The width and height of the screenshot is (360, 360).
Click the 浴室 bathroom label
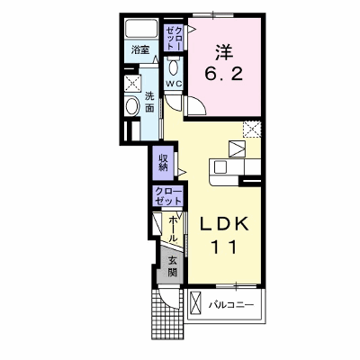tap(140, 49)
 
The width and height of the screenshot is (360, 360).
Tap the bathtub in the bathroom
tap(141, 29)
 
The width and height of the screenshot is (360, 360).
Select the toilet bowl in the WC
tap(174, 67)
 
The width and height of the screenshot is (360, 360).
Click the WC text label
tap(174, 85)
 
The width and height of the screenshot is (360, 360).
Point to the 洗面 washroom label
tap(149, 102)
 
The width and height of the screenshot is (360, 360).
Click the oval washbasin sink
tap(132, 106)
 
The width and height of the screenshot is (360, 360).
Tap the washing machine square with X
tap(133, 83)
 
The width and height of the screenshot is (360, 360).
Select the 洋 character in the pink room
tap(224, 52)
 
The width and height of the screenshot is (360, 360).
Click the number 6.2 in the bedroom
tap(224, 73)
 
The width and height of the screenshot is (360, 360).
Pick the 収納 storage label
tap(163, 162)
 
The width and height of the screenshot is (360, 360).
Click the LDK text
tap(223, 223)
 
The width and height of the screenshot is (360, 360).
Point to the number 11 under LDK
tap(224, 247)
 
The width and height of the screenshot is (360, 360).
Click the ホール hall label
tap(174, 229)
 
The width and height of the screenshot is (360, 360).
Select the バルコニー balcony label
tap(231, 305)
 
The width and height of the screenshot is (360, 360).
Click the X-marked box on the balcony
tap(196, 305)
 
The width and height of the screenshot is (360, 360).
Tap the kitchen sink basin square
tap(220, 166)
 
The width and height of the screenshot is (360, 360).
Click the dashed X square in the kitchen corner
tap(252, 129)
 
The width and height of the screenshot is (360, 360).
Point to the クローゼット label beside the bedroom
tap(174, 38)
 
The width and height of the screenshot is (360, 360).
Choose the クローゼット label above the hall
tap(168, 196)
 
